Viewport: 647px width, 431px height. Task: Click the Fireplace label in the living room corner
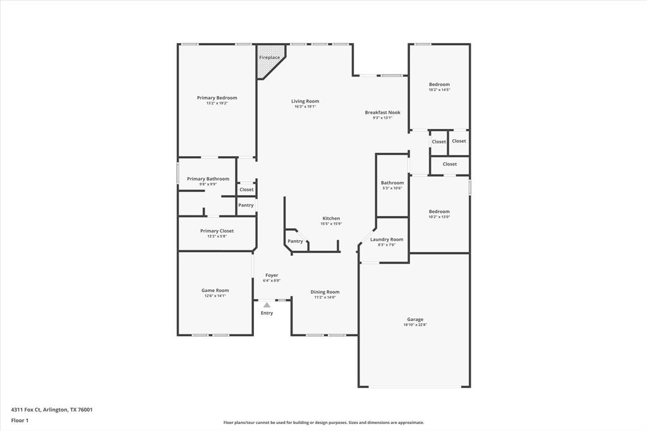pyautogui.click(x=269, y=58)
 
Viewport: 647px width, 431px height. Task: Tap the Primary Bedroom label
pyautogui.click(x=217, y=98)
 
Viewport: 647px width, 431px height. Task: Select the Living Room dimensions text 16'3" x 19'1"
pyautogui.click(x=305, y=107)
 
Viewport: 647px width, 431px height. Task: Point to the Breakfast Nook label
pyautogui.click(x=382, y=112)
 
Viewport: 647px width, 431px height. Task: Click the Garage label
pyautogui.click(x=415, y=320)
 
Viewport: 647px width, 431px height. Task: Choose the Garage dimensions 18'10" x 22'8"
pyautogui.click(x=415, y=325)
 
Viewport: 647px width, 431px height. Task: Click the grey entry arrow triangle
pyautogui.click(x=267, y=305)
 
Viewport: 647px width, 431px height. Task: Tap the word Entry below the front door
pyautogui.click(x=267, y=313)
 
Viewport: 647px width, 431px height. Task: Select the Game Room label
pyautogui.click(x=215, y=291)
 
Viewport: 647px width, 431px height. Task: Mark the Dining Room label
pyautogui.click(x=325, y=292)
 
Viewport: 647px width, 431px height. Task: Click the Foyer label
pyautogui.click(x=271, y=276)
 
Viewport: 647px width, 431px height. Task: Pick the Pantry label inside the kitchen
pyautogui.click(x=295, y=241)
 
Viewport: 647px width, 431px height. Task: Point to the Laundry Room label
pyautogui.click(x=386, y=240)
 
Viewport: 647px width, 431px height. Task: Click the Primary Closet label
pyautogui.click(x=217, y=231)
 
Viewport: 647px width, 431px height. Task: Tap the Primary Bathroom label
pyautogui.click(x=208, y=179)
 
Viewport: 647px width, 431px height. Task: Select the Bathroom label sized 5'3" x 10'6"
pyautogui.click(x=392, y=183)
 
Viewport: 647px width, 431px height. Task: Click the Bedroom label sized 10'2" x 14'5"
pyautogui.click(x=439, y=85)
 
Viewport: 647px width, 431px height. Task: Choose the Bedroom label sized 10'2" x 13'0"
pyautogui.click(x=439, y=212)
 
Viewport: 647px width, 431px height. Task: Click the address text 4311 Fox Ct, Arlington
pyautogui.click(x=52, y=410)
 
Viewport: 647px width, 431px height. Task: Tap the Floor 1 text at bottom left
pyautogui.click(x=19, y=420)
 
